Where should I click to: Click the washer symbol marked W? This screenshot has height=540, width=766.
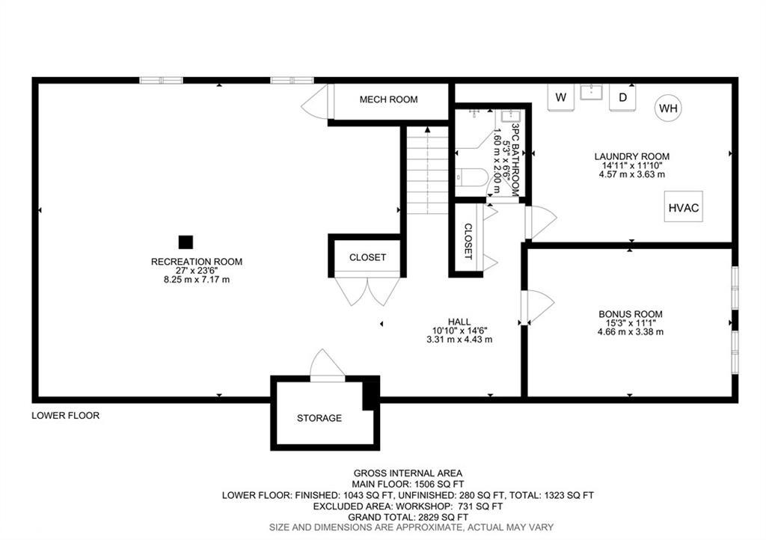pos(561,97)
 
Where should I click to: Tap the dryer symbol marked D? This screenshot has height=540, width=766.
pos(622,97)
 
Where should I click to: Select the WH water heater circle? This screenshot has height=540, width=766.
pos(668,108)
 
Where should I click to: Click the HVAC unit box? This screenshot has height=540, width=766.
pos(684,207)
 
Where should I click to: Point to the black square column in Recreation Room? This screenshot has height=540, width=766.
pos(186,242)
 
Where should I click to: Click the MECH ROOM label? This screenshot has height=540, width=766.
pos(388,99)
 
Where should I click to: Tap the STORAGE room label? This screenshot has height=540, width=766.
pos(319,418)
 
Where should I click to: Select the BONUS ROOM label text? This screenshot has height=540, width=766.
pos(630,314)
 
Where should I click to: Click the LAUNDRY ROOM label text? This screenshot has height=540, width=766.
pos(631,156)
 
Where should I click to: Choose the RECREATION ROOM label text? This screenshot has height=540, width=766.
pos(197,262)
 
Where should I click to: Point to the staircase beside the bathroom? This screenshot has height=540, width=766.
pos(427,170)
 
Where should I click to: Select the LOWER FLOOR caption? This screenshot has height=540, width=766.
pos(66,415)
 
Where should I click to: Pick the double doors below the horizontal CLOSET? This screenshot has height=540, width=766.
pos(367,291)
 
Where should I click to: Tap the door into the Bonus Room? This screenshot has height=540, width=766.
pos(539,307)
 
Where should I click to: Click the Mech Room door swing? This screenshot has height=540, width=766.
pos(316,102)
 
